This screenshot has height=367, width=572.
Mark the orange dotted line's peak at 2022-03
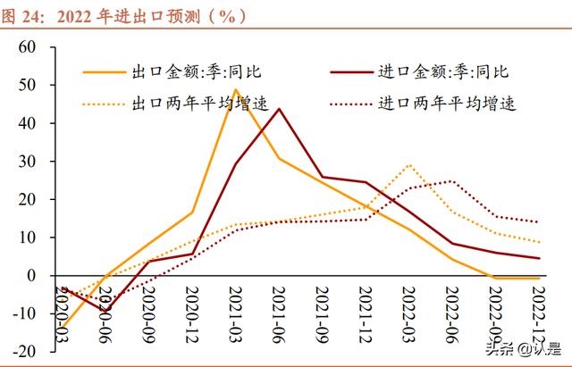(x=408, y=165)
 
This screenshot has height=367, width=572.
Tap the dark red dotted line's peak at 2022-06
(x=452, y=181)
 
